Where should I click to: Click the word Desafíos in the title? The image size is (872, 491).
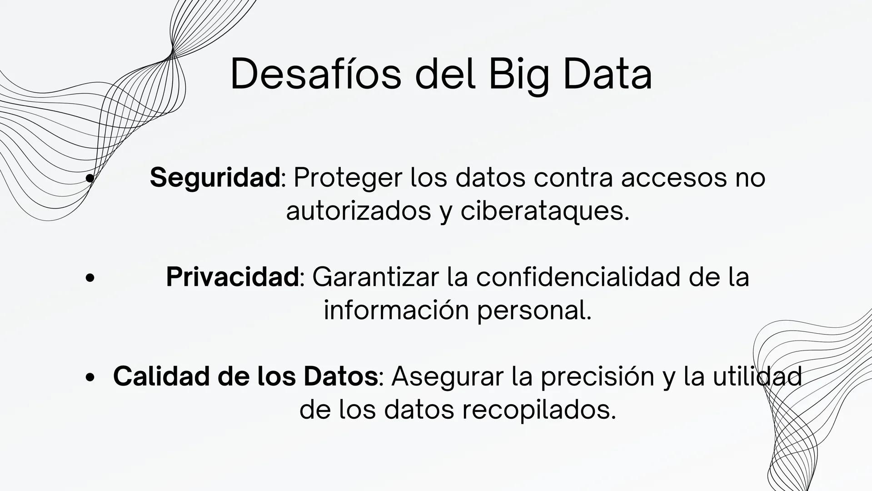click(x=316, y=74)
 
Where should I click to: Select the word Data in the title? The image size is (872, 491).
click(x=608, y=74)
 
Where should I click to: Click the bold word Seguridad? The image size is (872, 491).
click(x=215, y=177)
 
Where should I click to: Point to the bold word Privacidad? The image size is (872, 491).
click(x=232, y=277)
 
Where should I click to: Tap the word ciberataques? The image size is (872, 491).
click(x=545, y=211)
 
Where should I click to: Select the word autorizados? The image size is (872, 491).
click(x=359, y=211)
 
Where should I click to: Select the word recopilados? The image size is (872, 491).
click(x=539, y=411)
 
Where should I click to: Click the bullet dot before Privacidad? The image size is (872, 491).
click(x=90, y=278)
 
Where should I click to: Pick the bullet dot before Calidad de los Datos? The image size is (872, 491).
click(x=90, y=377)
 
